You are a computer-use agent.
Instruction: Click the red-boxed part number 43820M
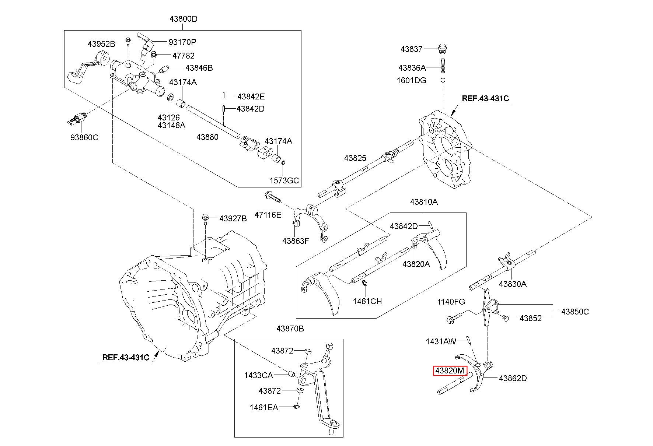[x=450, y=371]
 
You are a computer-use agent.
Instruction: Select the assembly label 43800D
[x=183, y=19]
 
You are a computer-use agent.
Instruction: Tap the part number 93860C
[x=84, y=137]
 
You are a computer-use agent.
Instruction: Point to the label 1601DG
[x=411, y=80]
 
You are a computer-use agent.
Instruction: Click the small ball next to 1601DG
[x=443, y=80]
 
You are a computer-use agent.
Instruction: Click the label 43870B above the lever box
[x=290, y=329]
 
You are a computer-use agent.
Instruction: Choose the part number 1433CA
[x=258, y=375]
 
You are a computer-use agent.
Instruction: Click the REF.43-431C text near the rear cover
[x=485, y=98]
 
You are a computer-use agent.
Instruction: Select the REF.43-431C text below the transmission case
[x=126, y=357]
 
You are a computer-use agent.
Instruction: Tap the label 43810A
[x=424, y=202]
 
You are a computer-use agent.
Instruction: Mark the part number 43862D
[x=513, y=378]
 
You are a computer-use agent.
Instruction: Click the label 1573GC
[x=284, y=181]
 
